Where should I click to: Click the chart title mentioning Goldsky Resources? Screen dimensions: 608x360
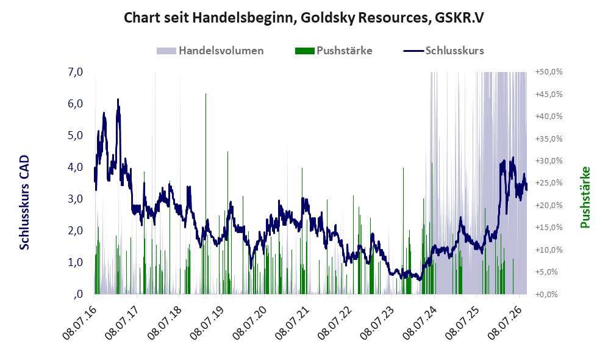[304, 18]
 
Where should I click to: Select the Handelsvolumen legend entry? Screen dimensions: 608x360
[210, 51]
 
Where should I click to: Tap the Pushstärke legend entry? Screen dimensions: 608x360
[334, 51]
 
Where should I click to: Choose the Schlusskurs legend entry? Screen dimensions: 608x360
[443, 51]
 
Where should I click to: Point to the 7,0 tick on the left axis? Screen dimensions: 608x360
[75, 72]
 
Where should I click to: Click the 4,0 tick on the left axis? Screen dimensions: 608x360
[75, 167]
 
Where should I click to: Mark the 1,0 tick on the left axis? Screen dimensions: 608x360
[75, 262]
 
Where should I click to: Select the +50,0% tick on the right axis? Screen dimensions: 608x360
[549, 72]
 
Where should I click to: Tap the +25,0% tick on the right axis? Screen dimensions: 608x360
[549, 182]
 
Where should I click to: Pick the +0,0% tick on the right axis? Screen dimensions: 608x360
[549, 294]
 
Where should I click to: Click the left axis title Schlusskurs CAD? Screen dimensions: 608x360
[24, 202]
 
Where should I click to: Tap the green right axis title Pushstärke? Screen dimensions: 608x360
[585, 198]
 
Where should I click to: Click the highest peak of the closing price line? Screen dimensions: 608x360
[118, 99]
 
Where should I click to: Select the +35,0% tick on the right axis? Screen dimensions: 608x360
[549, 139]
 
